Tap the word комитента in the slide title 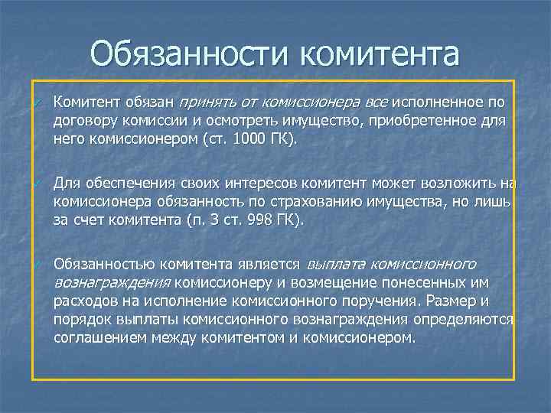coord(379,54)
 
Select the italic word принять coord(206,102)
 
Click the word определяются coord(464,319)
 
